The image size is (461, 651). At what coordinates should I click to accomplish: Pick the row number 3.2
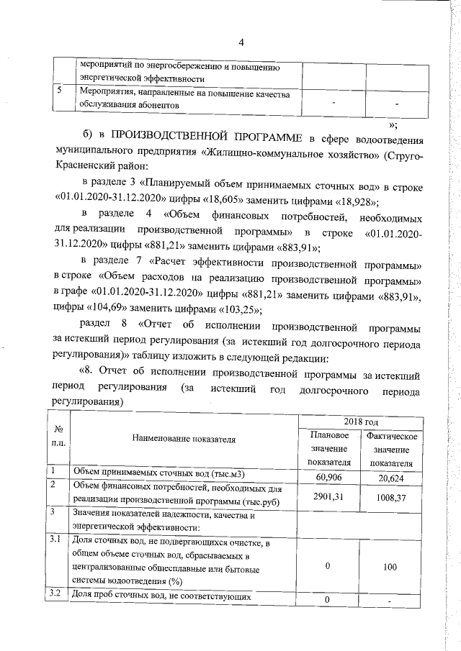click(x=54, y=594)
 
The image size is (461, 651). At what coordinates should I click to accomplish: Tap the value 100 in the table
click(x=390, y=567)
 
